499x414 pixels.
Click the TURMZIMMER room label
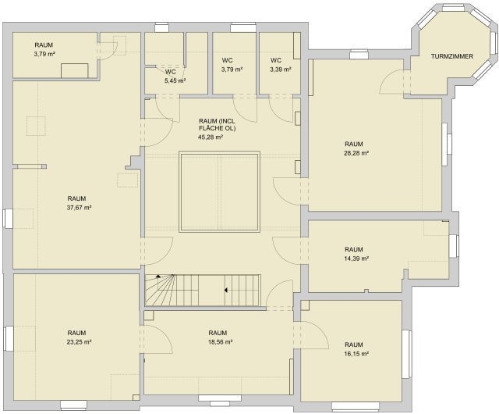coord(452,56)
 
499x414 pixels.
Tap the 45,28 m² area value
coord(210,137)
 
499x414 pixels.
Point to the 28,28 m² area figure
coord(356,153)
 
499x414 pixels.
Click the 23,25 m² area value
coord(80,342)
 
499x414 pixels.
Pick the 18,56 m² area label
coord(220,342)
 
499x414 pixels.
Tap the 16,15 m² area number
coord(356,354)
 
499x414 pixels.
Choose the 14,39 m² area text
coord(356,259)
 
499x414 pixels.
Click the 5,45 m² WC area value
coord(175,80)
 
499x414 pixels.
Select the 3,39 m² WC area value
coord(281,70)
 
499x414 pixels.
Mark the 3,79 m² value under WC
coord(232,70)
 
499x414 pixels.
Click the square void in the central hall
coord(220,191)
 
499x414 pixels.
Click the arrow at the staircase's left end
coord(158,277)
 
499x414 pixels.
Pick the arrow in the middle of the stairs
coord(225,291)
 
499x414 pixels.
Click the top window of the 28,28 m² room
coord(359,55)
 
